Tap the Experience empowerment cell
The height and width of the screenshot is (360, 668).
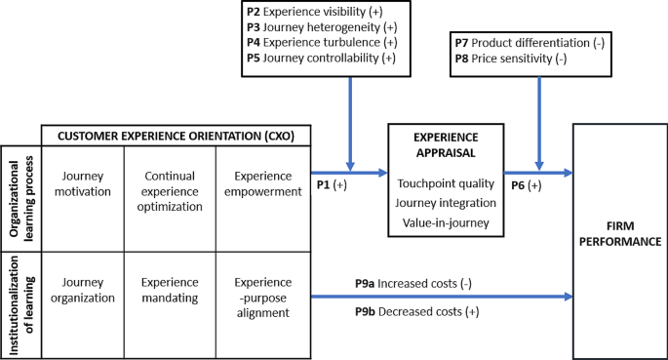(x=262, y=184)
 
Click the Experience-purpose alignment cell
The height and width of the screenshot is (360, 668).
(x=262, y=297)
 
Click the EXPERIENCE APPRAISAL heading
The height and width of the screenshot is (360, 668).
(x=446, y=145)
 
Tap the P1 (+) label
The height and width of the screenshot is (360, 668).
(x=333, y=183)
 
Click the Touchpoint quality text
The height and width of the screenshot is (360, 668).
(x=446, y=183)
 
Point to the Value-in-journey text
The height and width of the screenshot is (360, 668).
(x=446, y=222)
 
